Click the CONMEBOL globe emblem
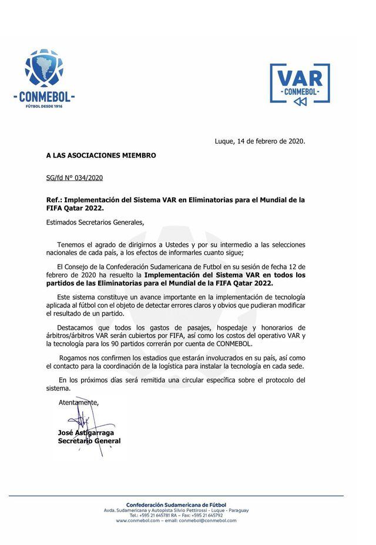coord(43,68)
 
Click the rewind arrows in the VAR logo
coord(300,102)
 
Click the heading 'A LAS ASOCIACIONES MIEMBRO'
coord(101,156)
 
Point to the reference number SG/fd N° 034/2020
coord(75,178)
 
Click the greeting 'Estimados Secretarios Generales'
coord(95,222)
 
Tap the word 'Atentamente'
coord(79,403)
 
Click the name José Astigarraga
coord(86,433)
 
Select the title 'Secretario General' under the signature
coord(89,441)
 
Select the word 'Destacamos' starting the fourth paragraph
coord(77,327)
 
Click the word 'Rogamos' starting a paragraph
coord(73,357)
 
